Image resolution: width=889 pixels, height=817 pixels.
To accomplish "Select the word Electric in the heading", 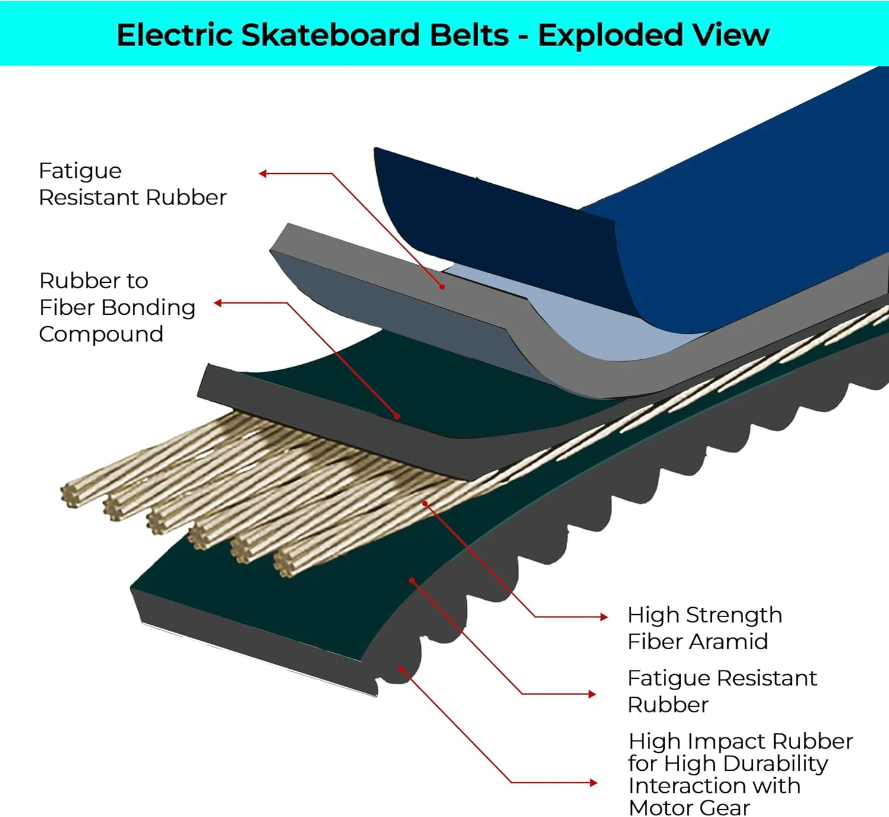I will pos(175,35).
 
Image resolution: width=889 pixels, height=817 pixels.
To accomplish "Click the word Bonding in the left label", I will pos(148,307).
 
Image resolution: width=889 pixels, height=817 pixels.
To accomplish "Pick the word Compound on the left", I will pos(101,334).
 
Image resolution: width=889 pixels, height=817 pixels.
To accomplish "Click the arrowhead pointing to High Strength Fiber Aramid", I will pos(604,617).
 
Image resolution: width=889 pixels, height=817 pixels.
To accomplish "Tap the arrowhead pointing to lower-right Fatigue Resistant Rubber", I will pos(591,694).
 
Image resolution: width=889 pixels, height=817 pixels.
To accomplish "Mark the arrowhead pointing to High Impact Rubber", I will pos(593,783).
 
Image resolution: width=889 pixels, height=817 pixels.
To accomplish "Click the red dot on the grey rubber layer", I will pos(442,287).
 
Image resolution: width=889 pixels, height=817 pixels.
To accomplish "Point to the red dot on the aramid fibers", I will pos(425,503).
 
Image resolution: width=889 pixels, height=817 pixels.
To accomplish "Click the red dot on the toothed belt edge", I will pos(401,669).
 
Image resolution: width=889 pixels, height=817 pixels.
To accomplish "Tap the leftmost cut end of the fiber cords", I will pos(71,496).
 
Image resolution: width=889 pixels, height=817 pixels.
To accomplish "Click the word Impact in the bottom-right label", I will pos(728,741).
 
